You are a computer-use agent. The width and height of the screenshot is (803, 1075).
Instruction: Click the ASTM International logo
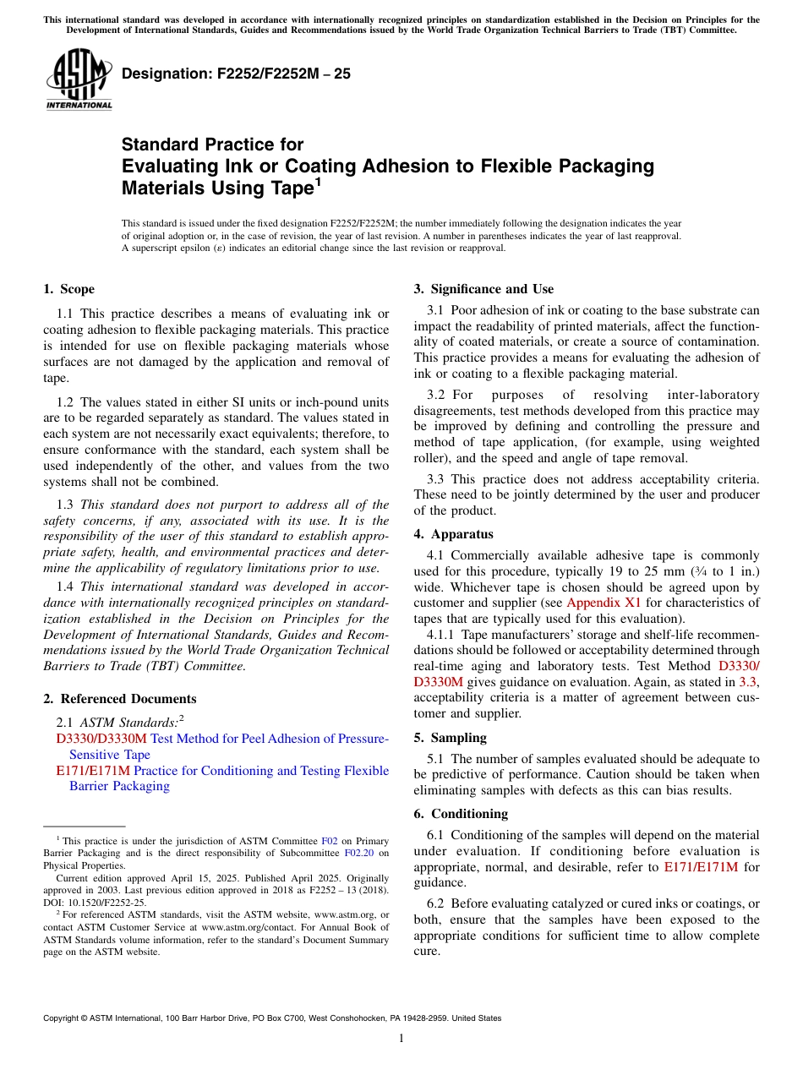(79, 80)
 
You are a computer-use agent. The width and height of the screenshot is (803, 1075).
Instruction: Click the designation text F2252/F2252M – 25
(236, 74)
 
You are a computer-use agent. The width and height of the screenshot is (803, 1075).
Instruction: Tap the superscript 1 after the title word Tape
(318, 182)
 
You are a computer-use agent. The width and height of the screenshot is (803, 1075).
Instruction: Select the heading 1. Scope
(69, 289)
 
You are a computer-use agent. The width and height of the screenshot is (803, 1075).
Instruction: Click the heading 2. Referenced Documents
(119, 699)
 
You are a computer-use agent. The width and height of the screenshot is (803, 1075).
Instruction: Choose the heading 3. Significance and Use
(483, 289)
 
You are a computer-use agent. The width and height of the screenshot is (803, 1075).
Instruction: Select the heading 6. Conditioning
(461, 814)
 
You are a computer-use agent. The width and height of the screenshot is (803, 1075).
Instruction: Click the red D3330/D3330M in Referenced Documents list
(101, 739)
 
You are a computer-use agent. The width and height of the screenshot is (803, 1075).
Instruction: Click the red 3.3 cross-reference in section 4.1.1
(748, 681)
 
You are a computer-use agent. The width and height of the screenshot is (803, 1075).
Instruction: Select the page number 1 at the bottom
(401, 1039)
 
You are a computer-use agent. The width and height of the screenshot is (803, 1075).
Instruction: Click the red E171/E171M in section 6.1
(701, 867)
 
